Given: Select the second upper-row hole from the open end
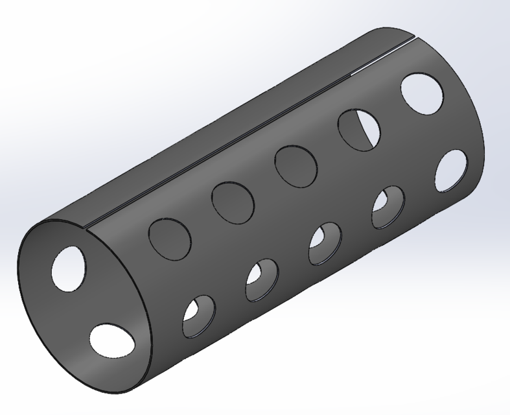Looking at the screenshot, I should tap(233, 200).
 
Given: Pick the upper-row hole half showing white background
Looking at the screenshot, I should tap(358, 129).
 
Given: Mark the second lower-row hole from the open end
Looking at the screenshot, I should tap(262, 280).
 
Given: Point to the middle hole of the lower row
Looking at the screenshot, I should tap(325, 243).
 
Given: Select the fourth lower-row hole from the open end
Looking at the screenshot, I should tap(388, 207).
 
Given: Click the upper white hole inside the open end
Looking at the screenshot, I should tap(69, 267).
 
